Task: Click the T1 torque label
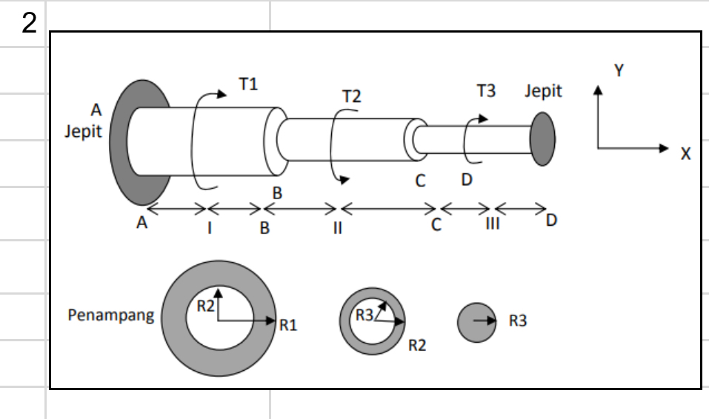pos(248,84)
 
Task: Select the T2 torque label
pos(352,96)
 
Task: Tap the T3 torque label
pos(487,91)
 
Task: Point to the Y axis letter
pos(619,70)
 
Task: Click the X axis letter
pos(685,154)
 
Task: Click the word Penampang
pos(111,315)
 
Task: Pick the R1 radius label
pos(288,325)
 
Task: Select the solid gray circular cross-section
pos(476,322)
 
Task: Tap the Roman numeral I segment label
pos(210,228)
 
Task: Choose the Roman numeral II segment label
pos(337,228)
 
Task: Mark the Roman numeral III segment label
pos(493,224)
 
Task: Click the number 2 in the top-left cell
pos(29,23)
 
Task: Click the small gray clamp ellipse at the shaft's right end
pos(542,139)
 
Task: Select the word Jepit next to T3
pos(543,91)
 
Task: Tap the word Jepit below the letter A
pos(83,132)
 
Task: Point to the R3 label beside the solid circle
pos(518,321)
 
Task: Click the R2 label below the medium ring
pos(417,345)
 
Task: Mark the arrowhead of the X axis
pos(664,148)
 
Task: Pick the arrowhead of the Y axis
pos(598,90)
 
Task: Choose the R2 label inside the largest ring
pos(206,306)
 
